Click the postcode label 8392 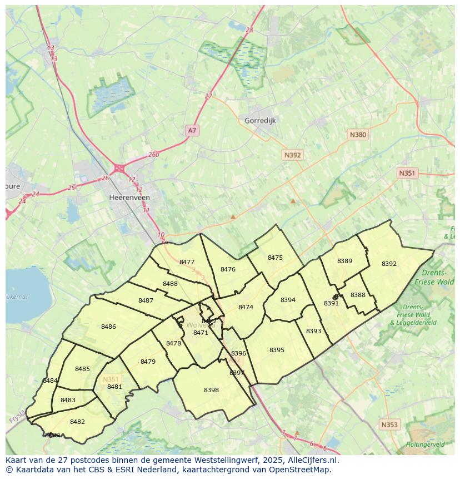click(x=389, y=264)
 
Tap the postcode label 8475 click(x=275, y=258)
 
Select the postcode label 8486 click(x=108, y=327)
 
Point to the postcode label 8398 click(x=211, y=390)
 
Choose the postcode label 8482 click(x=77, y=422)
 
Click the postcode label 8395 click(x=277, y=350)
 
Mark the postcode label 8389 click(x=344, y=261)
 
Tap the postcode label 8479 click(x=148, y=362)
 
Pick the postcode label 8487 click(x=146, y=300)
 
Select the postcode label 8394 click(x=288, y=300)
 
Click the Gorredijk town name click(x=260, y=120)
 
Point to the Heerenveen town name click(x=129, y=197)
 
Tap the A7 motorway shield click(x=192, y=130)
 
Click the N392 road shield click(x=292, y=155)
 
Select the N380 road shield click(x=358, y=135)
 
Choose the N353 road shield click(x=389, y=424)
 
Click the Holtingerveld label click(x=426, y=445)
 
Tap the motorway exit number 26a click(x=154, y=155)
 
